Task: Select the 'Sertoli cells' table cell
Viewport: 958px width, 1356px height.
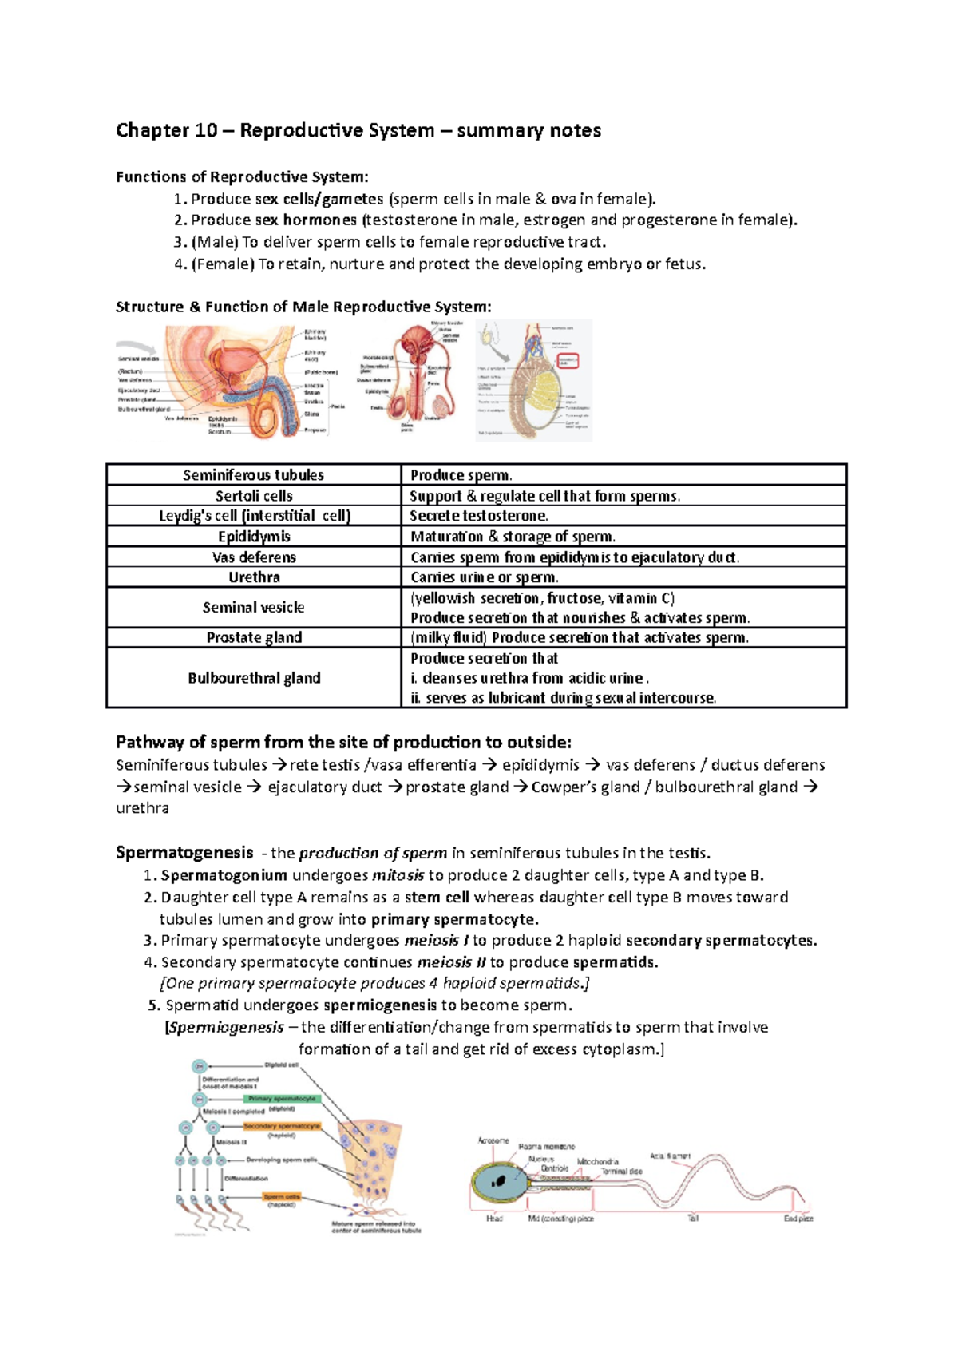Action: coord(254,495)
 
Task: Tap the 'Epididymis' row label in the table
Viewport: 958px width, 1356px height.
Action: coord(254,537)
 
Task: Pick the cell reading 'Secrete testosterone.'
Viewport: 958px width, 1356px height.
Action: coord(479,516)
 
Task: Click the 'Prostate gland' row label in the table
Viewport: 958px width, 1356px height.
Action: coord(254,637)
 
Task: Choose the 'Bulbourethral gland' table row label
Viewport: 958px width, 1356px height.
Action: coord(254,678)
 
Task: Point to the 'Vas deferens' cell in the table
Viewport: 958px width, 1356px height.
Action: coord(254,557)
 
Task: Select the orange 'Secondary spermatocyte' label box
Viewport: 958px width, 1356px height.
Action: coord(281,1126)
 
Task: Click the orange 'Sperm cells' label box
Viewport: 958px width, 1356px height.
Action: coord(282,1196)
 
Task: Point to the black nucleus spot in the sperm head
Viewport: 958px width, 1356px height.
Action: coord(501,1180)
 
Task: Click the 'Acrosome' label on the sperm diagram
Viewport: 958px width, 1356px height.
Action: coord(493,1140)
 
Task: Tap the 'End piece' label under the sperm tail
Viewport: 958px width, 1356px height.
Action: coord(798,1219)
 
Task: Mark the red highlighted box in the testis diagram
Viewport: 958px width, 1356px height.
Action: coord(568,361)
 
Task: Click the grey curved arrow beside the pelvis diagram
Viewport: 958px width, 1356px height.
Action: coord(137,348)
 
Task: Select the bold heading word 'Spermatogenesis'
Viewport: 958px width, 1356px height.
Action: coord(184,853)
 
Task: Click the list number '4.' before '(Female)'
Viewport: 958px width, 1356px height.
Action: coord(180,264)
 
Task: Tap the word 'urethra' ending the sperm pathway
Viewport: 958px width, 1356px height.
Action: coord(142,808)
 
